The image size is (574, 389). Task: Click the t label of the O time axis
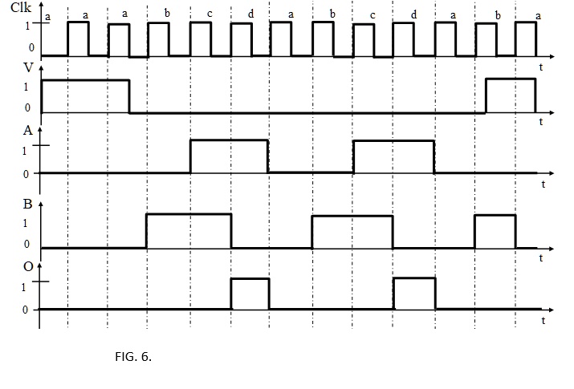pos(543,321)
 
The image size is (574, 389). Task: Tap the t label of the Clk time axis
pos(540,67)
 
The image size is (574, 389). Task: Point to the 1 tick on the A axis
pos(26,148)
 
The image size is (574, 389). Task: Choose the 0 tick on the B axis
pos(26,245)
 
